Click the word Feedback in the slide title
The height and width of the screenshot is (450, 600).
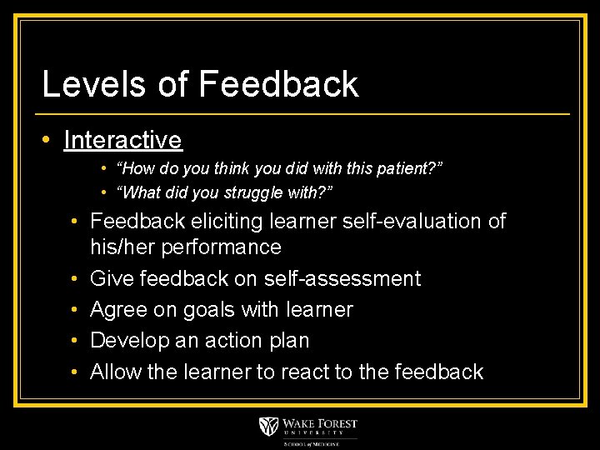(278, 84)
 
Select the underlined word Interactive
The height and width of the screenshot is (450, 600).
(122, 139)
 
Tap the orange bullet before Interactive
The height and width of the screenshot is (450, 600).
(49, 139)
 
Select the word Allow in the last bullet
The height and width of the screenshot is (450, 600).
(115, 372)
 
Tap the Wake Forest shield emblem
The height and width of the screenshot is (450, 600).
(268, 427)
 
